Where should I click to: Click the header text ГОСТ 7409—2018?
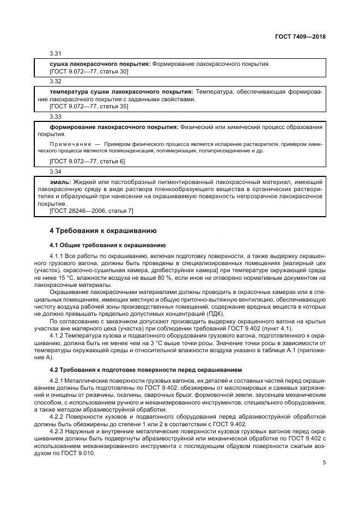[303, 37]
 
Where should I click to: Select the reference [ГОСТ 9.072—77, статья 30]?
[89, 71]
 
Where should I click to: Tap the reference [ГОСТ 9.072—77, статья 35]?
[89, 107]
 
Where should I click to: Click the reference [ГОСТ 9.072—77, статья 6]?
[87, 162]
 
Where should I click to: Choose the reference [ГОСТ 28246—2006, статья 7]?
[91, 210]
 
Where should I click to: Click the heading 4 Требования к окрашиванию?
[95, 231]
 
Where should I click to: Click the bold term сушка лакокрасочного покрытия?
[100, 64]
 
